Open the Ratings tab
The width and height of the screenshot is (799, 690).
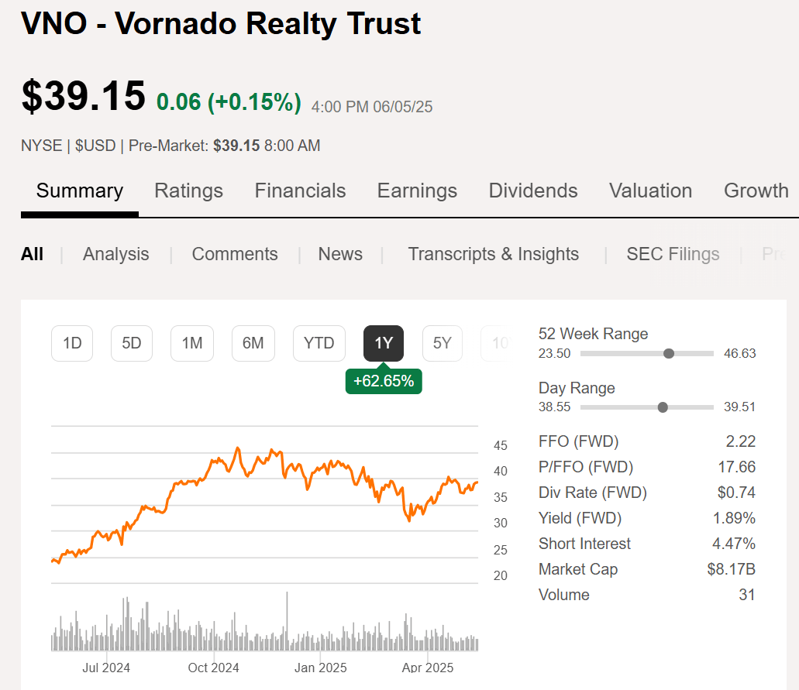[188, 191]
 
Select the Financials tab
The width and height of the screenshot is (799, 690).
[300, 191]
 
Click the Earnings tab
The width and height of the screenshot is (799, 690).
[417, 191]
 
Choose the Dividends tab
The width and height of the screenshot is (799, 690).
[533, 191]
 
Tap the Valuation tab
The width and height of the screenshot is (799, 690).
[650, 191]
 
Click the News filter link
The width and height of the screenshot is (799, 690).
[340, 254]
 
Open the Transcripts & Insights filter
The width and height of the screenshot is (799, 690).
[493, 254]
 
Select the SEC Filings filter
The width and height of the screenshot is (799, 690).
[673, 254]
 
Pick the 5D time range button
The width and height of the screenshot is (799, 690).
[132, 343]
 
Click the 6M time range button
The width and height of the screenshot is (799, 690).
[253, 343]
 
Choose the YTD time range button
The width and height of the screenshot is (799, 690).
[319, 343]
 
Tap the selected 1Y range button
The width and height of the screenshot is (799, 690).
[384, 343]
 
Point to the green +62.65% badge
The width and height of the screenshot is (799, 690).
[384, 381]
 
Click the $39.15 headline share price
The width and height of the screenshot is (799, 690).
[84, 96]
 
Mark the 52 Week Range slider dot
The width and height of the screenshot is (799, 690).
[669, 353]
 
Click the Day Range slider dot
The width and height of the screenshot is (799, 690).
[663, 407]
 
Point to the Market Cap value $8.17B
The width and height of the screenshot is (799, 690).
[731, 569]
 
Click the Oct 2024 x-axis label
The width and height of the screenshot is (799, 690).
[214, 668]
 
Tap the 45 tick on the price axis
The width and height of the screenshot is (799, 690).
[501, 446]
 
